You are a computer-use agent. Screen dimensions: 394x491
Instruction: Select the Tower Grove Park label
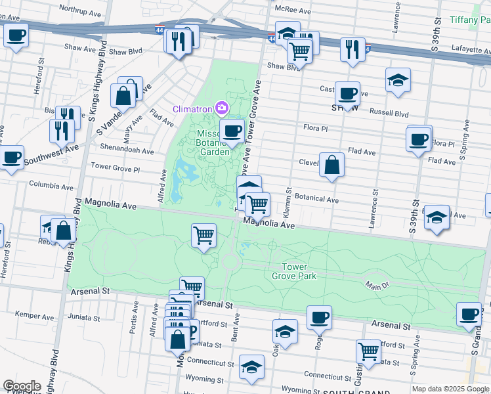coord(299,271)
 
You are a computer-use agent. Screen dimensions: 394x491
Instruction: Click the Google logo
coord(22,386)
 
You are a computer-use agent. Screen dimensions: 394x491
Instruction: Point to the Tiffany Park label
coord(472,20)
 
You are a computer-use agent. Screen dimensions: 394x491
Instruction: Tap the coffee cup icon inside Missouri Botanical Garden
coord(231,131)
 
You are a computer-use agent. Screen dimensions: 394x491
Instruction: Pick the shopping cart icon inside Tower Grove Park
coord(203,234)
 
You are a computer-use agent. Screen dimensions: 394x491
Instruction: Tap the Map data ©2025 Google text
coord(450,389)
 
